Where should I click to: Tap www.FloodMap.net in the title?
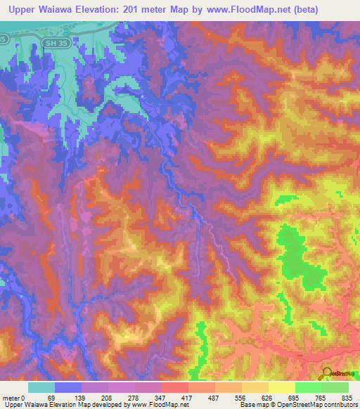click(x=238, y=10)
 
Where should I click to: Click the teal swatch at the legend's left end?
click(x=41, y=387)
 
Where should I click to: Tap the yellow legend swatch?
click(x=281, y=387)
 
